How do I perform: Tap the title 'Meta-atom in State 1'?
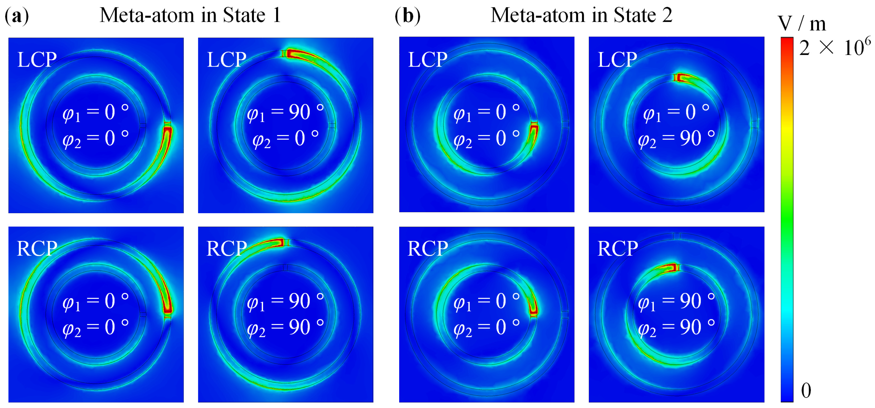(x=190, y=15)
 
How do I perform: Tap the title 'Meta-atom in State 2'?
(x=581, y=15)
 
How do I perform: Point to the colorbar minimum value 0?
(x=806, y=390)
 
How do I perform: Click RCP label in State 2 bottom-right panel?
(x=617, y=249)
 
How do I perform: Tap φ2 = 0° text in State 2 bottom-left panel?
(x=486, y=328)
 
